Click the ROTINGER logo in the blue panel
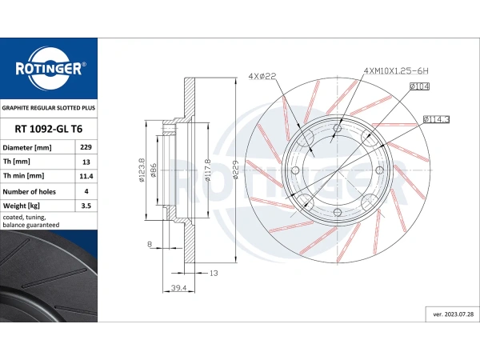coord(49,69)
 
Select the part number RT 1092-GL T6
coord(49,129)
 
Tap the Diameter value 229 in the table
coord(86,147)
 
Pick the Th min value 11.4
coord(86,176)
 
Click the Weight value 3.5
coord(86,206)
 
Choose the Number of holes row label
coord(29,192)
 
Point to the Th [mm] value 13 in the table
coord(86,162)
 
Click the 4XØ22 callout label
coord(262,76)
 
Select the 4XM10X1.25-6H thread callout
coord(396,70)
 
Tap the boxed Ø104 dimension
coord(419,86)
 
